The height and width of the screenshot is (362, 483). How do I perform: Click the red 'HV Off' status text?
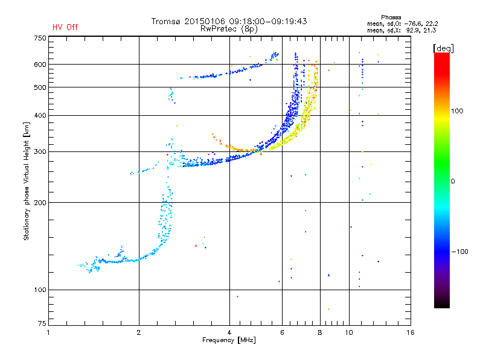(x=65, y=27)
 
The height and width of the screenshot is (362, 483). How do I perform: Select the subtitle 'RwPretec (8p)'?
(x=229, y=29)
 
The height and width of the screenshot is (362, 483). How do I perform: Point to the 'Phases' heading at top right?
(x=391, y=17)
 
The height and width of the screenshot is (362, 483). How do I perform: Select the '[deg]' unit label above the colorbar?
(x=443, y=48)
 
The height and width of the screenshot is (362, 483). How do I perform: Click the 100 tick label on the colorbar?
(x=457, y=111)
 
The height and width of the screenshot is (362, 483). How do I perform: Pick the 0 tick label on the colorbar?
(x=453, y=182)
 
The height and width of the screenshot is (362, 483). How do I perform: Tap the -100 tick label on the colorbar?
(x=460, y=252)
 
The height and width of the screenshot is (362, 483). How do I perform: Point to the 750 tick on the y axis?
(x=40, y=38)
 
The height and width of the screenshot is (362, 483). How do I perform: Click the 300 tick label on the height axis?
(x=40, y=152)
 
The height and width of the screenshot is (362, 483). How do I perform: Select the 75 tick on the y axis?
(x=42, y=323)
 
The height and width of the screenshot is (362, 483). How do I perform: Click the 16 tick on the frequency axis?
(x=411, y=332)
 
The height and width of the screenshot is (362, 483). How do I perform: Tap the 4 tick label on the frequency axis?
(x=229, y=332)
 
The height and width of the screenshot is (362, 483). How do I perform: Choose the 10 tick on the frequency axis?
(x=349, y=332)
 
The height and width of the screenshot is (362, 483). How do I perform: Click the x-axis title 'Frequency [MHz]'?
(x=229, y=340)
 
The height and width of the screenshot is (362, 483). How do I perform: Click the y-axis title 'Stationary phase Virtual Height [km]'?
(x=26, y=181)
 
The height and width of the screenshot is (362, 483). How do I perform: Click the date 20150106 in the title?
(x=205, y=21)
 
